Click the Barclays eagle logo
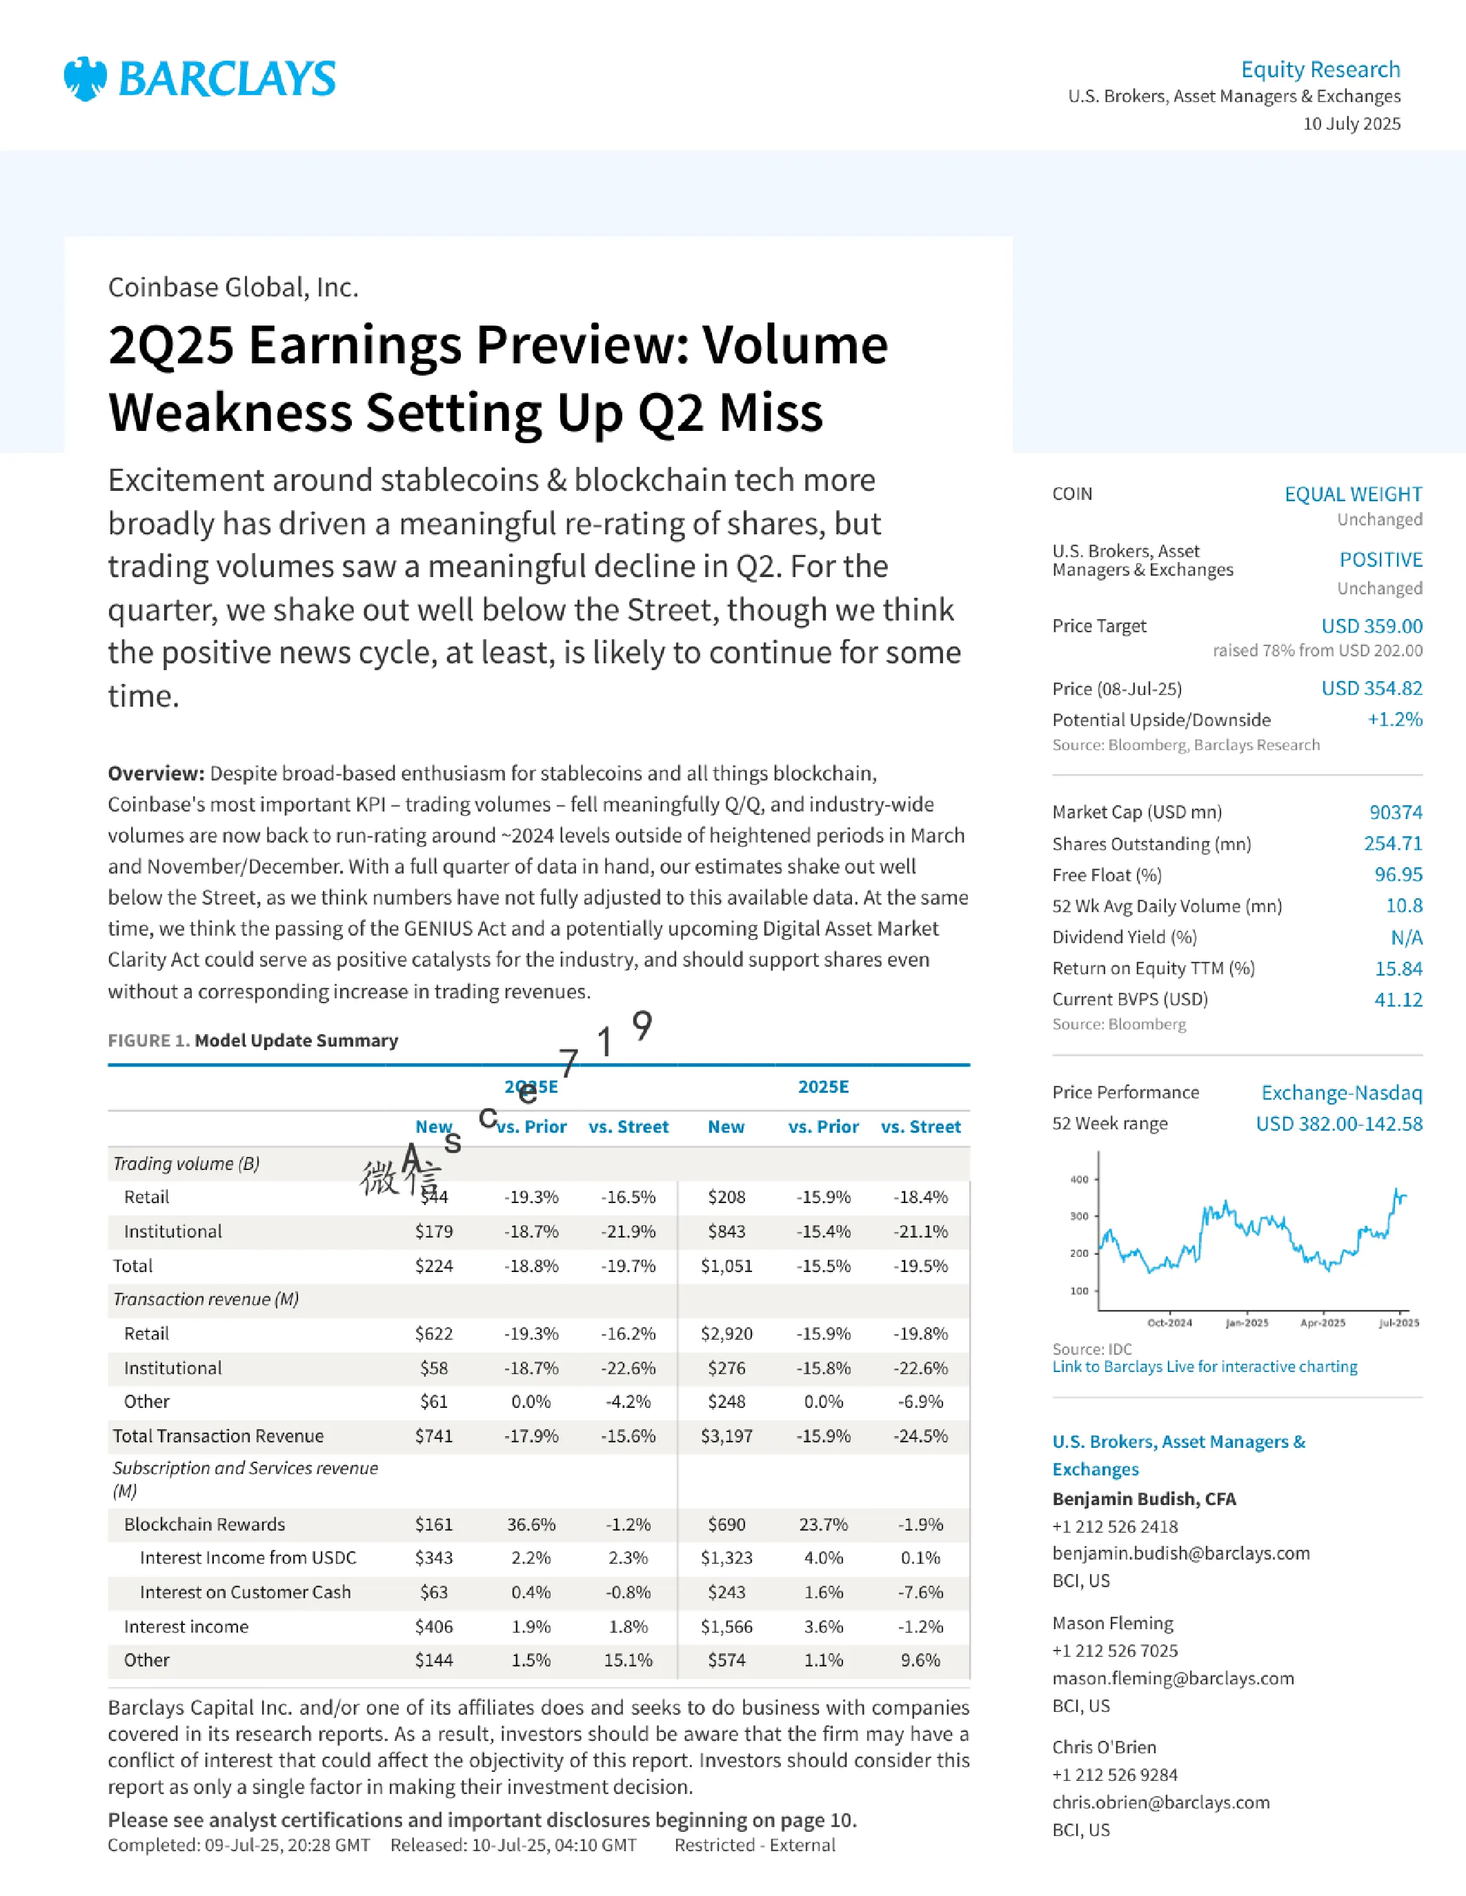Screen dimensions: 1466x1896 [85, 79]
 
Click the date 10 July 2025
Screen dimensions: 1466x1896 [1351, 124]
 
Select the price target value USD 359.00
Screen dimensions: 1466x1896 [1371, 626]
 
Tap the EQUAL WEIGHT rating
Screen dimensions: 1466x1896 [1353, 494]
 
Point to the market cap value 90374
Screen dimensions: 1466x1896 [1396, 813]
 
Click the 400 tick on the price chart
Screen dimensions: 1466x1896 [1079, 1179]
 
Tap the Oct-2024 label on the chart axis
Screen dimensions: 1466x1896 [1170, 1323]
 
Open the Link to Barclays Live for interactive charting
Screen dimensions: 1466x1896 [1205, 1366]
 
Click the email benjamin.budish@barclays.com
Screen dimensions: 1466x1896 [1181, 1553]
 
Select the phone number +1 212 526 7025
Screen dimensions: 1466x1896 [1115, 1651]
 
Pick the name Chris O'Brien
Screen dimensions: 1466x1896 [1104, 1746]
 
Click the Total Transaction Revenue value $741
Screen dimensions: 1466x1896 [433, 1436]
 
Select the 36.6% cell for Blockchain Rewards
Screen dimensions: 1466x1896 [531, 1524]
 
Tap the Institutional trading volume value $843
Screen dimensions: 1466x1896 [726, 1231]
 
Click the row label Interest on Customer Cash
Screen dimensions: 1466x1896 [245, 1592]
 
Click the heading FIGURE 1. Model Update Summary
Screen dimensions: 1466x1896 [252, 1040]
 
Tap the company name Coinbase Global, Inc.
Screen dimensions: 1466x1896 [232, 288]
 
